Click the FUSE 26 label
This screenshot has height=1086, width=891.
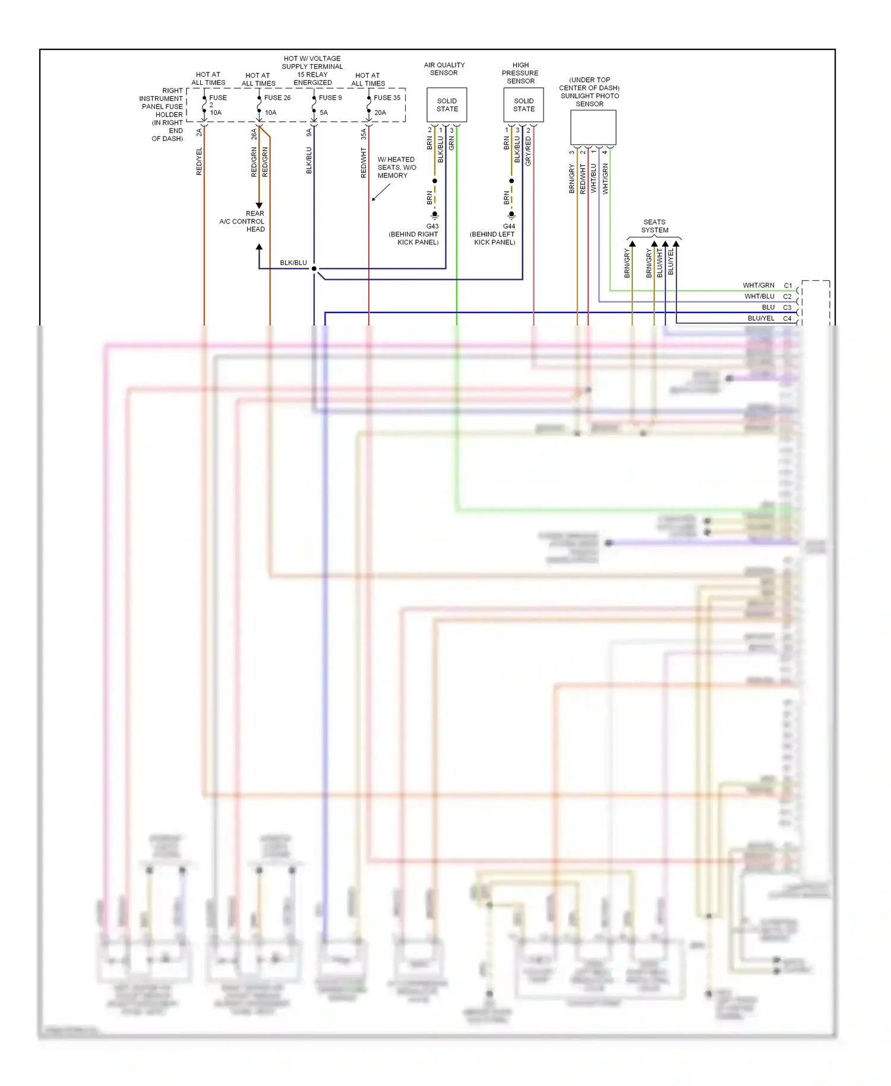[x=277, y=97]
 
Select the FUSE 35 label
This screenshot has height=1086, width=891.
[x=387, y=97]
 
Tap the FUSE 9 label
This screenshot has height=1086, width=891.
[x=330, y=97]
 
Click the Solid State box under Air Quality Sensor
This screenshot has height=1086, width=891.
[x=447, y=105]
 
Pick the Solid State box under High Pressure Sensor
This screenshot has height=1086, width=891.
[x=523, y=105]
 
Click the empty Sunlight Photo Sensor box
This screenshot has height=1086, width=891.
[x=593, y=127]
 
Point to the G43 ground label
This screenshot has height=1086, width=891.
[x=432, y=226]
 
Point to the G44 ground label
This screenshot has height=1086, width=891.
[x=508, y=226]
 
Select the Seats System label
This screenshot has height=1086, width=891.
[x=654, y=226]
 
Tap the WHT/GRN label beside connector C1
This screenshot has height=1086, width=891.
[x=758, y=285]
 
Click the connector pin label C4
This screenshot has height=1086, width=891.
[x=787, y=318]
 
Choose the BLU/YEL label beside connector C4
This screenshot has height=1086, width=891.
[x=760, y=318]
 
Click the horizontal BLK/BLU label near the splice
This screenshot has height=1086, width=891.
[x=293, y=263]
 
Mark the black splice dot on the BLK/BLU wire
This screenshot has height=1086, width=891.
[x=314, y=269]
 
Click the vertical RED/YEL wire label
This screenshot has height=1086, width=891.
[x=199, y=161]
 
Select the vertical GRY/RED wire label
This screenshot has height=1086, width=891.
[x=528, y=151]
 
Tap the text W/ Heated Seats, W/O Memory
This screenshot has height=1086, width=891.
[x=396, y=168]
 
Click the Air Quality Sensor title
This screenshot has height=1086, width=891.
[x=444, y=69]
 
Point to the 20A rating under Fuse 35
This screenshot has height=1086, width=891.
[x=380, y=112]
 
